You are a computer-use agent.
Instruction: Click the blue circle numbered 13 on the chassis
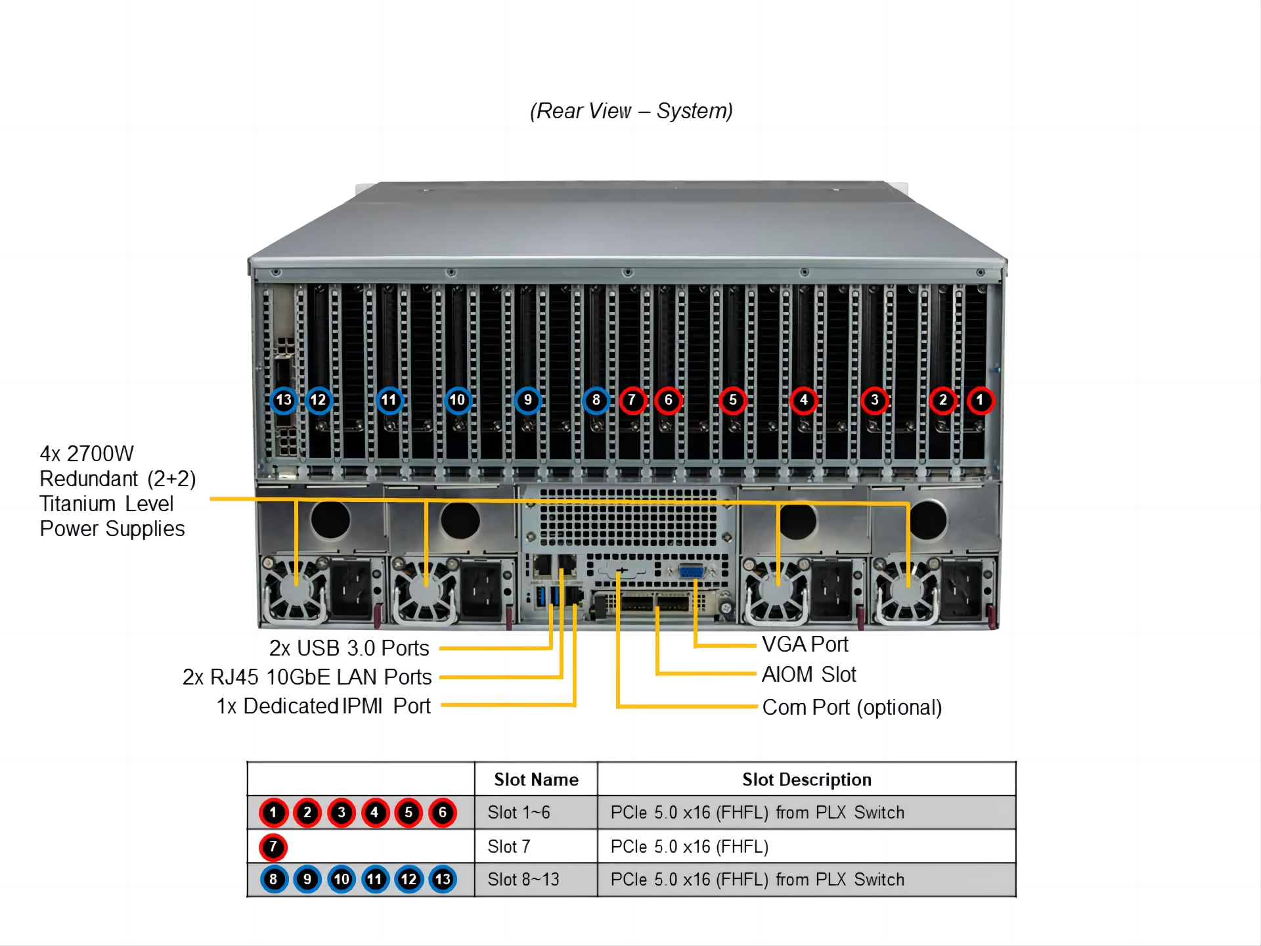point(284,400)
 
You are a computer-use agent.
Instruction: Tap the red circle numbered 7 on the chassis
point(632,400)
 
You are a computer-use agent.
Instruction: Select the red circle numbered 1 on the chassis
point(980,400)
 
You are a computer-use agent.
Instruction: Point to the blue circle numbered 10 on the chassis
point(457,400)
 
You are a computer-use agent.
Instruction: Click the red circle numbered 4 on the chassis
point(803,400)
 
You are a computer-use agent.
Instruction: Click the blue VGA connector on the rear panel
point(691,572)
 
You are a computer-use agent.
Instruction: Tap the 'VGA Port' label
point(805,644)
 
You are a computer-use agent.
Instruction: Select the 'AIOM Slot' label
point(808,675)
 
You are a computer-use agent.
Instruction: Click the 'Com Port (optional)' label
point(852,708)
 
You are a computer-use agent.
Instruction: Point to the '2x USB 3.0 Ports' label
point(349,648)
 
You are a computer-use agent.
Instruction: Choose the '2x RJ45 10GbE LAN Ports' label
point(307,677)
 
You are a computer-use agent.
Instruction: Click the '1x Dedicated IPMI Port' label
point(323,706)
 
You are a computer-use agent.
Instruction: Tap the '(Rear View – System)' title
point(631,111)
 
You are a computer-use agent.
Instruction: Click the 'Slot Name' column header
point(536,780)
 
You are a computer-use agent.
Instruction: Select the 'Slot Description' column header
point(807,780)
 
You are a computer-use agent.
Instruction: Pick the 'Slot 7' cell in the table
point(508,847)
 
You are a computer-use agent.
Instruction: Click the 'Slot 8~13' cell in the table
point(523,880)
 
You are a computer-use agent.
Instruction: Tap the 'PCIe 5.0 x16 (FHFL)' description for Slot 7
point(689,847)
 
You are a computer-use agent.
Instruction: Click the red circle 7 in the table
point(273,847)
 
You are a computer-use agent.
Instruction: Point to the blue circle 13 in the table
point(443,880)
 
